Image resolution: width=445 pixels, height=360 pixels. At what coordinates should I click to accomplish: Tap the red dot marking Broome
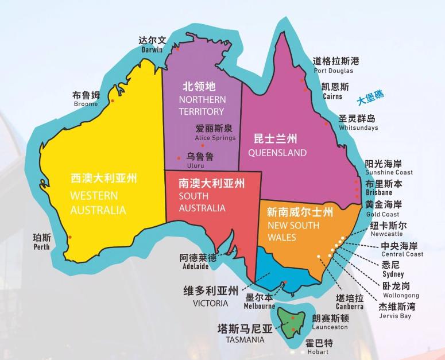(x=113, y=101)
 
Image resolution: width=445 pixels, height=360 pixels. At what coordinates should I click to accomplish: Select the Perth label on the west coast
(x=41, y=241)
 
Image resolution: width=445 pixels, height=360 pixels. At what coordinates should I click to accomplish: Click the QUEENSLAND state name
(x=277, y=146)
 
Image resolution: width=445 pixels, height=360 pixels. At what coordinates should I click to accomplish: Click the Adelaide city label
(x=198, y=261)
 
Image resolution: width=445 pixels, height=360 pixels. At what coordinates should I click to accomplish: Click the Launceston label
(x=330, y=322)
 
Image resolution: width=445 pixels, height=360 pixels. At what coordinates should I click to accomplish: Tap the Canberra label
(x=349, y=302)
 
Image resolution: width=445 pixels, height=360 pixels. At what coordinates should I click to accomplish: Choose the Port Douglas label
(x=336, y=65)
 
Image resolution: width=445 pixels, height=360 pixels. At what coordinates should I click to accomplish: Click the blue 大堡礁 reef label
(x=370, y=99)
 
